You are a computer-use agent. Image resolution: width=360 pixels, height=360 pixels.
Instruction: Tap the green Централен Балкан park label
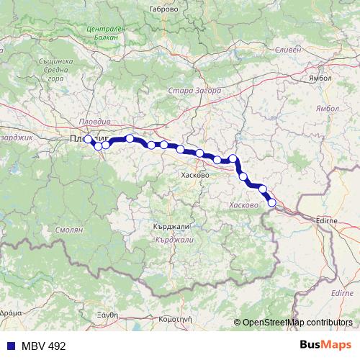click(x=105, y=32)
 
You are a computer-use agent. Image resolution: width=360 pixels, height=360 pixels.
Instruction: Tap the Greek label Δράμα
click(x=10, y=315)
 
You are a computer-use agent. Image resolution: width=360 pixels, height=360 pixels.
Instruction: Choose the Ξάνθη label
click(x=106, y=315)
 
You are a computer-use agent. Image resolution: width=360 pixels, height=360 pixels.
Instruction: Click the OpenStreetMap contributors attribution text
click(x=297, y=323)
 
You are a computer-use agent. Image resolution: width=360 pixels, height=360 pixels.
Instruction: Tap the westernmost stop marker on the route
click(x=88, y=139)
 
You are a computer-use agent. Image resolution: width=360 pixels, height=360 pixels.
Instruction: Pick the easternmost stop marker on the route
click(x=272, y=202)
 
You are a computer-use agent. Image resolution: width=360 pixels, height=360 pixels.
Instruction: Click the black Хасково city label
click(x=195, y=175)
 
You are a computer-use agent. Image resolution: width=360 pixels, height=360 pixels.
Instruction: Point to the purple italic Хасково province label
click(x=243, y=205)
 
